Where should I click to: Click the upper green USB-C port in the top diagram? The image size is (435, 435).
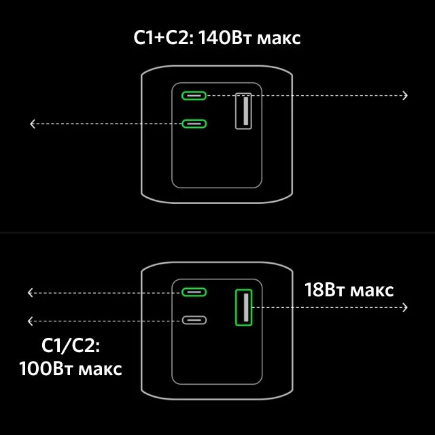click(x=194, y=95)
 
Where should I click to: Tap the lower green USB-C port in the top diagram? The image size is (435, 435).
click(x=194, y=123)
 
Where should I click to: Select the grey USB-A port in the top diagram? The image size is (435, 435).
click(x=243, y=110)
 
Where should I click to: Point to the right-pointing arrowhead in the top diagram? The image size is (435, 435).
click(x=405, y=95)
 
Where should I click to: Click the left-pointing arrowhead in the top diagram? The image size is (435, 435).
click(x=32, y=123)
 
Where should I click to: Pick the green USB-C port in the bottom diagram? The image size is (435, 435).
click(x=194, y=292)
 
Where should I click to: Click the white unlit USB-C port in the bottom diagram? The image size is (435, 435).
click(x=194, y=320)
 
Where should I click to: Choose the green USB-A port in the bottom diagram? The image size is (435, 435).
click(x=243, y=307)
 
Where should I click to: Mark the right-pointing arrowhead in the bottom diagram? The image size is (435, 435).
click(x=405, y=307)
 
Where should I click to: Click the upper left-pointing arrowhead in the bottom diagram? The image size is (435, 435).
click(x=30, y=292)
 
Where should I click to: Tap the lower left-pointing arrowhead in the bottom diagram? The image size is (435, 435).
click(x=30, y=320)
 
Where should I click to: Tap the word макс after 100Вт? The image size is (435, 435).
click(x=100, y=370)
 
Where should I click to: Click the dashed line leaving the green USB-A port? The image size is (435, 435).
click(x=326, y=307)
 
